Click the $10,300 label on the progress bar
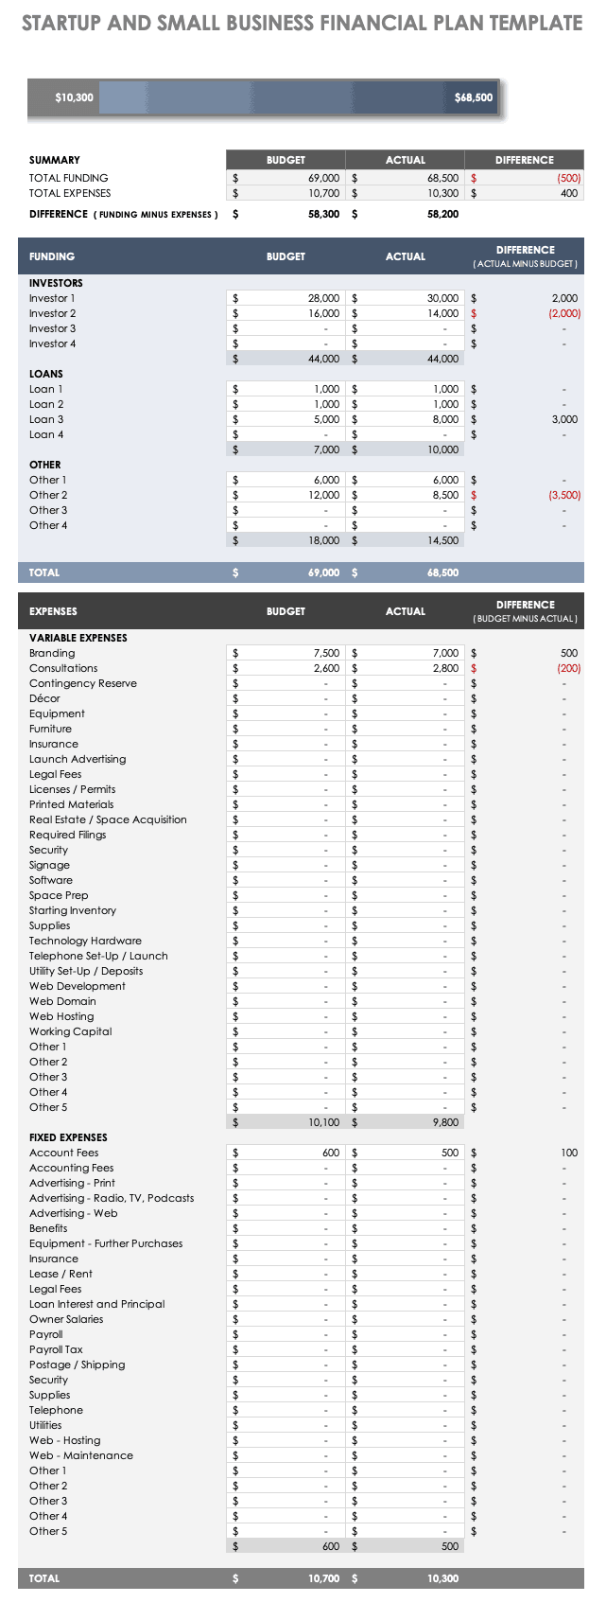pos(74,97)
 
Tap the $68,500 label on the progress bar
pos(473,97)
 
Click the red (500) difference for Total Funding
pos(568,178)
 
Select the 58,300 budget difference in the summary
pos(323,215)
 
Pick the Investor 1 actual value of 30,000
pos(442,298)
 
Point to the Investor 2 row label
pos(52,313)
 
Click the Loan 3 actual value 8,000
pos(445,419)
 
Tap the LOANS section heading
pos(45,374)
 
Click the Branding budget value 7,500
pos(326,653)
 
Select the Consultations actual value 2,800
pos(445,668)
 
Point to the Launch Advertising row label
pos(77,759)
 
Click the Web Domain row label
pos(62,1001)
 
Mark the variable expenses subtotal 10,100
pos(323,1122)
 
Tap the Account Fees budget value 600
pos(330,1153)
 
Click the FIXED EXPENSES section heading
pos(68,1137)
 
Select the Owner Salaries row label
pos(66,1319)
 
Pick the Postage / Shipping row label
pos(77,1365)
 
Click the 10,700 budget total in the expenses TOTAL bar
pos(323,1578)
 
